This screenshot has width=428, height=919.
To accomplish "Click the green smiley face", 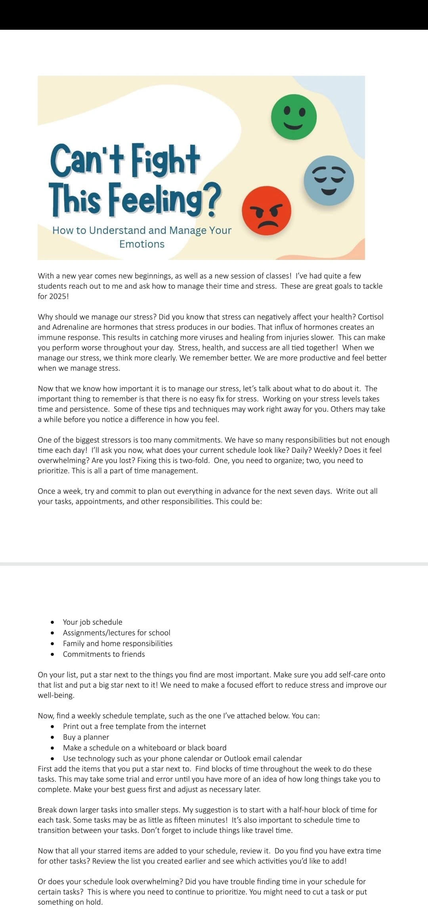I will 294,117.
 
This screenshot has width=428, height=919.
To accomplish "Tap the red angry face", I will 266,211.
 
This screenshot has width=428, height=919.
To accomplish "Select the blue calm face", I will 329,181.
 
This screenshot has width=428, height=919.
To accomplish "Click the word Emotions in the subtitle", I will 142,244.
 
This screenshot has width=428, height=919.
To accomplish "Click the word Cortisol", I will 371,317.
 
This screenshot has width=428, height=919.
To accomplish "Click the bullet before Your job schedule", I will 52,622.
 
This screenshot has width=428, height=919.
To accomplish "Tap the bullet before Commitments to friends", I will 52,654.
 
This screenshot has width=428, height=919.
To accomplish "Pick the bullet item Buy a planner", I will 86,737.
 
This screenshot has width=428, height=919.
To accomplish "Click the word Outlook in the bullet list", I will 238,758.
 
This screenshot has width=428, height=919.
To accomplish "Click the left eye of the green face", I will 287,112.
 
